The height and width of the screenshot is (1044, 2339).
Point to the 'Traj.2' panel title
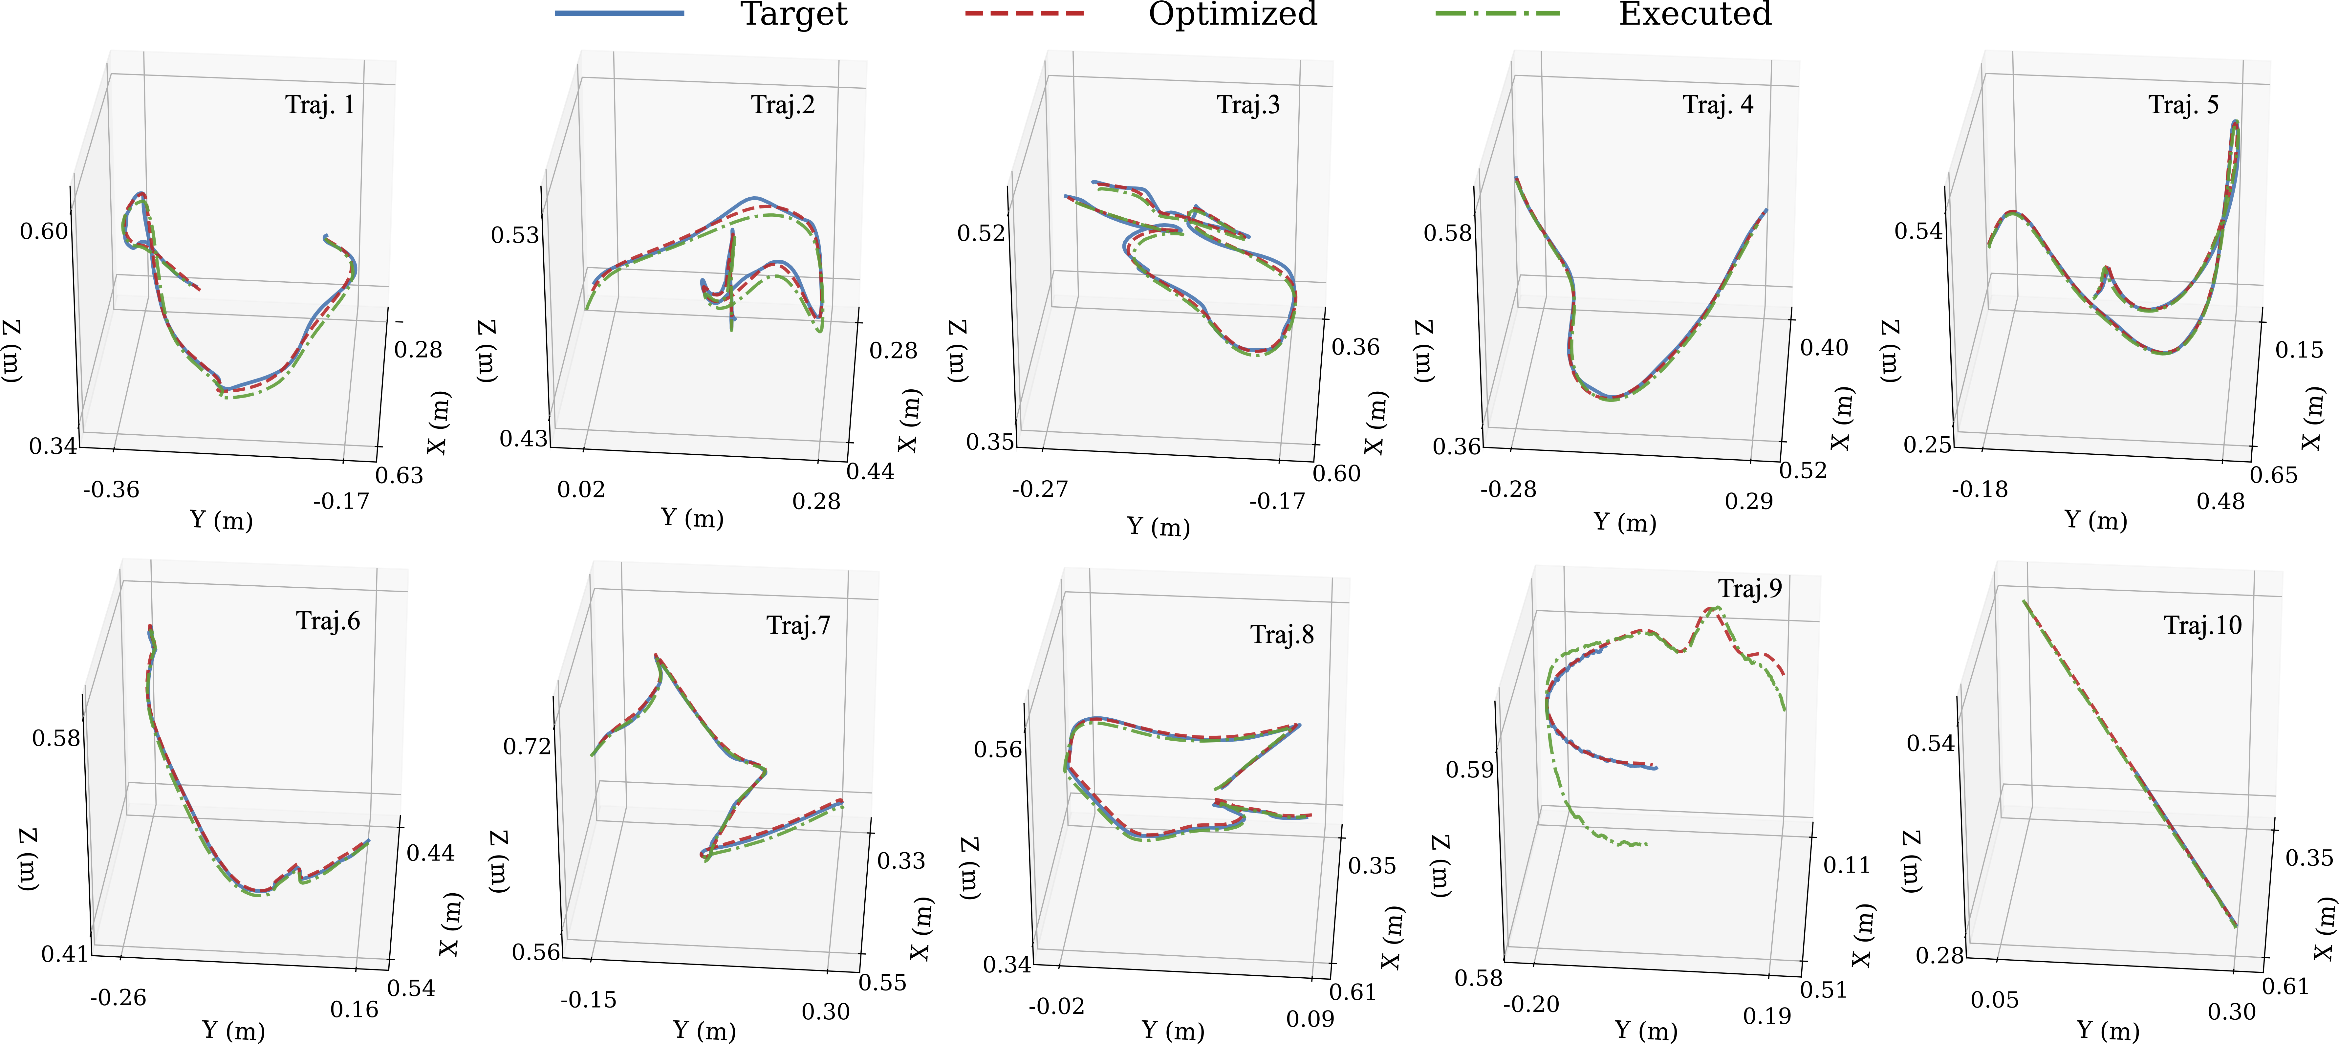tap(783, 105)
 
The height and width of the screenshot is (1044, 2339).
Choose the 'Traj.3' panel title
tap(1248, 105)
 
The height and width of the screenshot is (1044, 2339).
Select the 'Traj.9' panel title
tap(1750, 589)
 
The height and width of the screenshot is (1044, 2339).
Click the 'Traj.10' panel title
tap(2203, 625)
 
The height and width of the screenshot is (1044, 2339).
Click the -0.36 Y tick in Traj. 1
tap(112, 490)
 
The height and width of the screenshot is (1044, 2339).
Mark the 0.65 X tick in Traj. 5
tap(2274, 475)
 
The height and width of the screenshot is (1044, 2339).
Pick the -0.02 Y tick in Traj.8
tap(1057, 1007)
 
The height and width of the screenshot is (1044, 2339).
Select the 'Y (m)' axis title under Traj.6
tap(233, 1031)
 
